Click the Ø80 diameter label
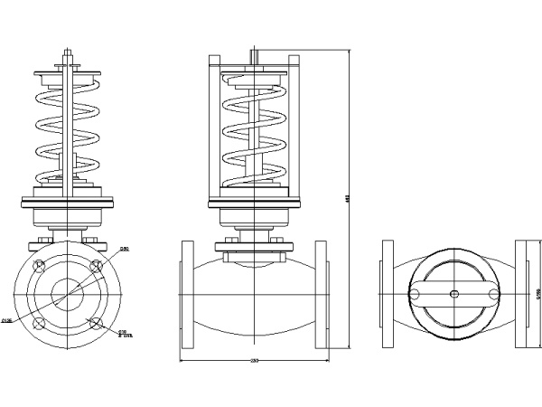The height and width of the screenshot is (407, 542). coord(125,249)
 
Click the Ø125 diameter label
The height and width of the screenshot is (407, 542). coord(7,319)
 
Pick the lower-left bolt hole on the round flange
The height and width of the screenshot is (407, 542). coord(39,322)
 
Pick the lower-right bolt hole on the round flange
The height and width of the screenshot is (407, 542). coord(97,322)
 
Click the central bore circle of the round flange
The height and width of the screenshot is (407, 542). coord(68,294)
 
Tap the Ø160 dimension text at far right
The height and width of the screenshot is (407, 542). coord(537,294)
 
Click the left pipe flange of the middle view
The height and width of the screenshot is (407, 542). coord(187,294)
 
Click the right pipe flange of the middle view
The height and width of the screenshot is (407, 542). coord(322,294)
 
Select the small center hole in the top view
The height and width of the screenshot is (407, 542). coord(453,294)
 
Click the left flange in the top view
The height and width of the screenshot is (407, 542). coord(388,294)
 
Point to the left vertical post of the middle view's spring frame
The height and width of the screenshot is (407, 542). coord(214,127)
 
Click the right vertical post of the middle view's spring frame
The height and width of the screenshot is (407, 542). coord(293,127)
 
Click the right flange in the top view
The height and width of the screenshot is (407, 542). coord(520,294)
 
